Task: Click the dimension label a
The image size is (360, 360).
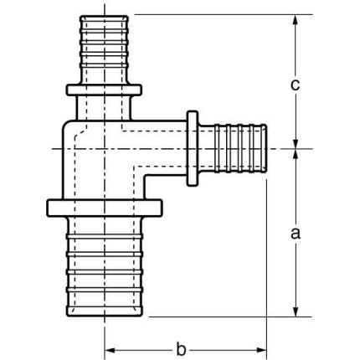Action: (x=296, y=234)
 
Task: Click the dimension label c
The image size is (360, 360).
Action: (x=296, y=85)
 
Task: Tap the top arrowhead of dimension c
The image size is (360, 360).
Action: (x=296, y=20)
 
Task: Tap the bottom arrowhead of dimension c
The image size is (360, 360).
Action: (x=296, y=142)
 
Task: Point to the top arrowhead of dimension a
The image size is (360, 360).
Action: (x=296, y=155)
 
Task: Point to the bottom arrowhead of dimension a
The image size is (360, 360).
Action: (x=296, y=311)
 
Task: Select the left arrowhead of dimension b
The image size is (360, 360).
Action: (x=111, y=350)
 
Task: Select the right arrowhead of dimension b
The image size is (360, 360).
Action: (x=260, y=350)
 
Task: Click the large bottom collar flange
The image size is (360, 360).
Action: (x=105, y=208)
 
